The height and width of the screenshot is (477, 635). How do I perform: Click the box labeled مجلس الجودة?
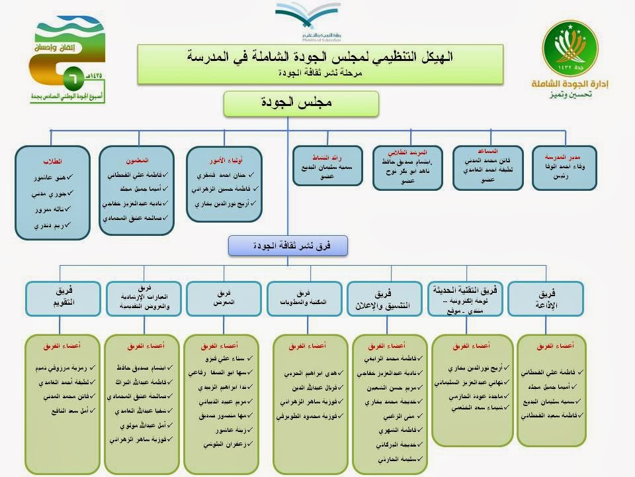[301, 104]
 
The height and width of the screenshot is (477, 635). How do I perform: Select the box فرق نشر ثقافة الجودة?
[288, 245]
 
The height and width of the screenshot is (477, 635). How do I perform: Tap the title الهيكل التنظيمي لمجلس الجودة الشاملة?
[320, 57]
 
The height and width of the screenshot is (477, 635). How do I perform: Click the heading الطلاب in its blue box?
[52, 161]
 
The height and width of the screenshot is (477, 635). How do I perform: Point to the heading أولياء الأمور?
[224, 160]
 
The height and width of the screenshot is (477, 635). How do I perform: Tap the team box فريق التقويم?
[62, 298]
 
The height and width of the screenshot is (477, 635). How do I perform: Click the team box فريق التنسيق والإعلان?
[384, 298]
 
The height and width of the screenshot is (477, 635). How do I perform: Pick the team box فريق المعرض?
[223, 298]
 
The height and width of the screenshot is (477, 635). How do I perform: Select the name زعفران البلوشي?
[222, 444]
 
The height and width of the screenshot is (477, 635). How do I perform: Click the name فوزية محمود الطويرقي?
[303, 417]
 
